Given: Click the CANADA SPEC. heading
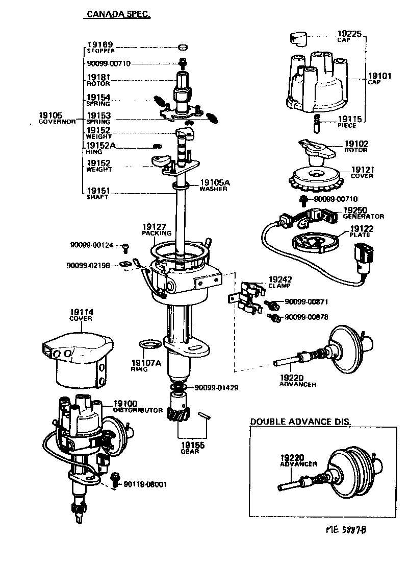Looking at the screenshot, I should (117, 15).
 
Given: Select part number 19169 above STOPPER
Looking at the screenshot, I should (99, 45).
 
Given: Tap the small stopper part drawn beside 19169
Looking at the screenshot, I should (182, 48).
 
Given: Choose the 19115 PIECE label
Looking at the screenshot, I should (349, 122).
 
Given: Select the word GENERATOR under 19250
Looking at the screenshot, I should (363, 216).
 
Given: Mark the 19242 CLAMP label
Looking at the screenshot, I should (278, 283).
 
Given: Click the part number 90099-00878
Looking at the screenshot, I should (306, 317).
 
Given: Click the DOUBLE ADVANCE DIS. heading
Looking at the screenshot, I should (300, 422).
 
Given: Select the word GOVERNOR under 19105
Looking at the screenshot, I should (57, 122).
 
